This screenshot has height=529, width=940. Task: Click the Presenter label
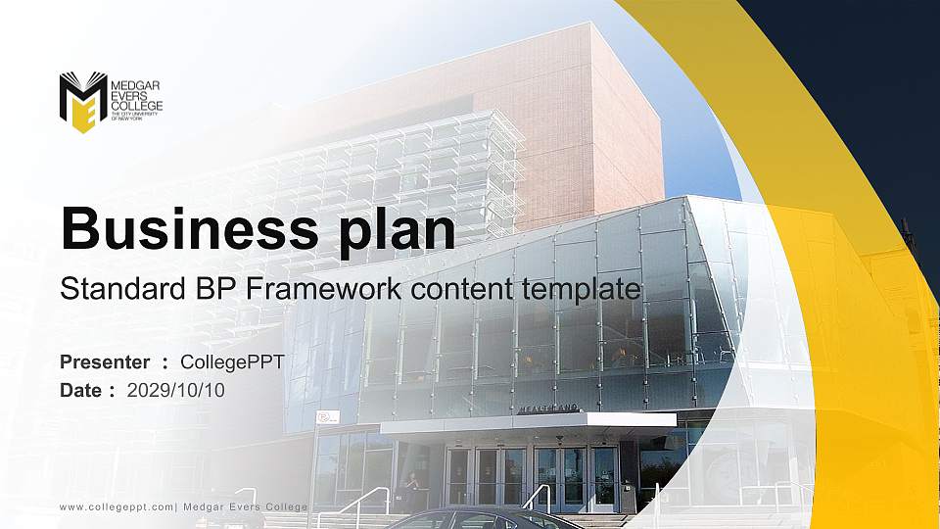pos(105,362)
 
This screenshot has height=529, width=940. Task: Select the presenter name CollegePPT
pos(232,362)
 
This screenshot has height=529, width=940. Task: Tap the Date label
pos(81,390)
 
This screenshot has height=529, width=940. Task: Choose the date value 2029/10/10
pos(176,390)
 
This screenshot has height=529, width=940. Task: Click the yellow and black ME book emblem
pos(82,101)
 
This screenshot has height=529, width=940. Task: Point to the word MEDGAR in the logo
pos(137,86)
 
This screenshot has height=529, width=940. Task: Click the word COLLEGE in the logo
pos(137,106)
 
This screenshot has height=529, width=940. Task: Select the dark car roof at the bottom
pos(470,516)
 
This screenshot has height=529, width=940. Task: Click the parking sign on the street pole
pos(328,417)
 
